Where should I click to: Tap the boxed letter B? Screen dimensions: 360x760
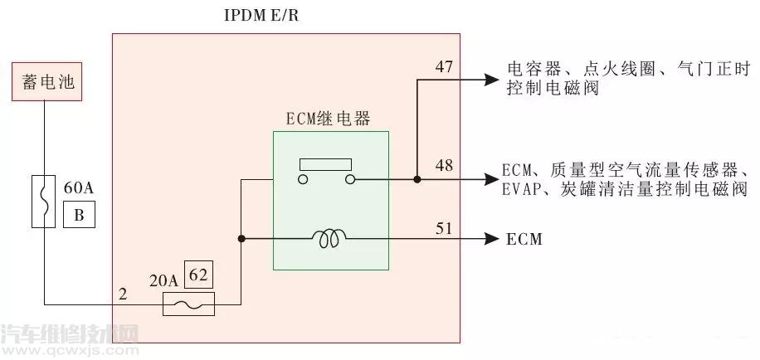(80, 216)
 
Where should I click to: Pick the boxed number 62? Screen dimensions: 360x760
(197, 274)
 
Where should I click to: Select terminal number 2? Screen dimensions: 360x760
(123, 294)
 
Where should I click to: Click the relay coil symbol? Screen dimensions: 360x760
(330, 240)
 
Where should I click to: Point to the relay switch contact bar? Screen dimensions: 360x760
(326, 163)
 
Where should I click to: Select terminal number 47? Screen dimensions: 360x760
(444, 67)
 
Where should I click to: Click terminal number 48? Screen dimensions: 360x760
(444, 165)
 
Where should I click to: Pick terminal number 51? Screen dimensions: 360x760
(444, 226)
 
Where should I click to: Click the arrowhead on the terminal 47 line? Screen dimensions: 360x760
(490, 80)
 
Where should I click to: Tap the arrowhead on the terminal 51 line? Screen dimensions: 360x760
(490, 240)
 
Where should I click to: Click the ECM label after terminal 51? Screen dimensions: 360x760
(524, 240)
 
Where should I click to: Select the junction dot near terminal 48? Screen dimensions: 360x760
(417, 178)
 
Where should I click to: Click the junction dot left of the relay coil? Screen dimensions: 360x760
(241, 240)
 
